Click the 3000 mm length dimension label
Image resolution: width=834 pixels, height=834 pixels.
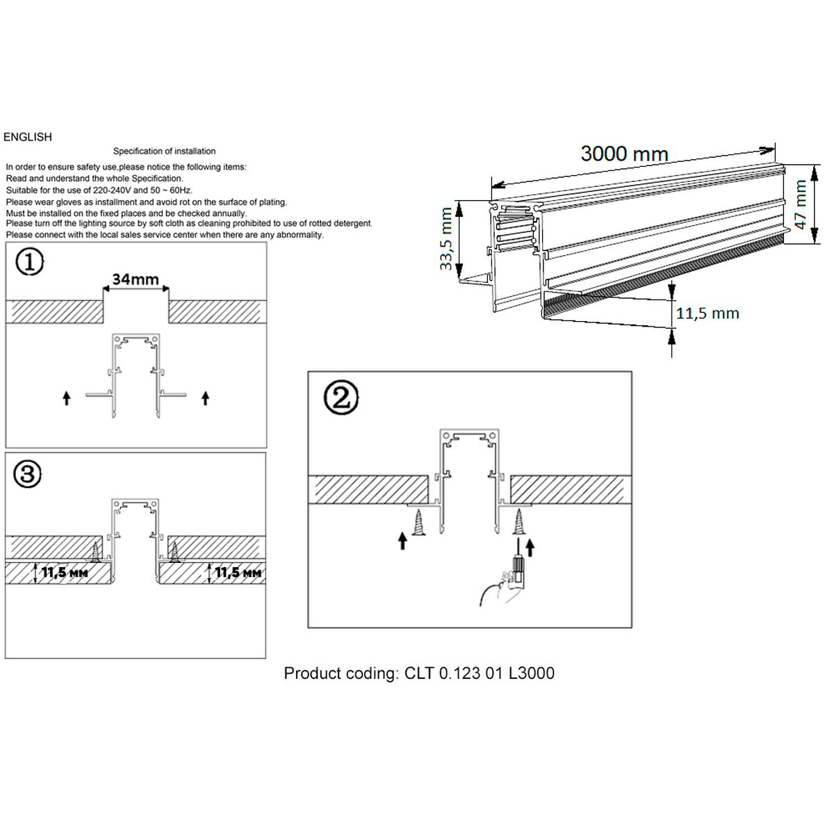click(x=624, y=154)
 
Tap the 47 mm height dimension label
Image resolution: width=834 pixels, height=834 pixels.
click(x=801, y=202)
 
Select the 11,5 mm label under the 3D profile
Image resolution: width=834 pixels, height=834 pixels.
click(x=708, y=313)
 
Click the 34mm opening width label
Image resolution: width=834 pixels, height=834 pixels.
click(x=136, y=279)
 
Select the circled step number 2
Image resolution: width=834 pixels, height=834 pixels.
click(x=341, y=398)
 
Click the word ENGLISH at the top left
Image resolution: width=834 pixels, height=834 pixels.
click(x=28, y=137)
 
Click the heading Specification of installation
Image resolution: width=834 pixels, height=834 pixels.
click(x=165, y=151)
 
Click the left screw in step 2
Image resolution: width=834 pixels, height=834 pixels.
click(x=420, y=522)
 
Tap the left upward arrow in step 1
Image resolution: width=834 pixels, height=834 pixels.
click(x=66, y=398)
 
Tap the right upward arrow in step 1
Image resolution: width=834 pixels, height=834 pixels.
click(x=205, y=398)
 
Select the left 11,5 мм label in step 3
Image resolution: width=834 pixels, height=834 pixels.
click(x=65, y=573)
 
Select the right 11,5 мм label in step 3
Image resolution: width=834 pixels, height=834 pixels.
click(x=238, y=573)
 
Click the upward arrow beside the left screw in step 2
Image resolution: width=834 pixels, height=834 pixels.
click(x=403, y=540)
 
